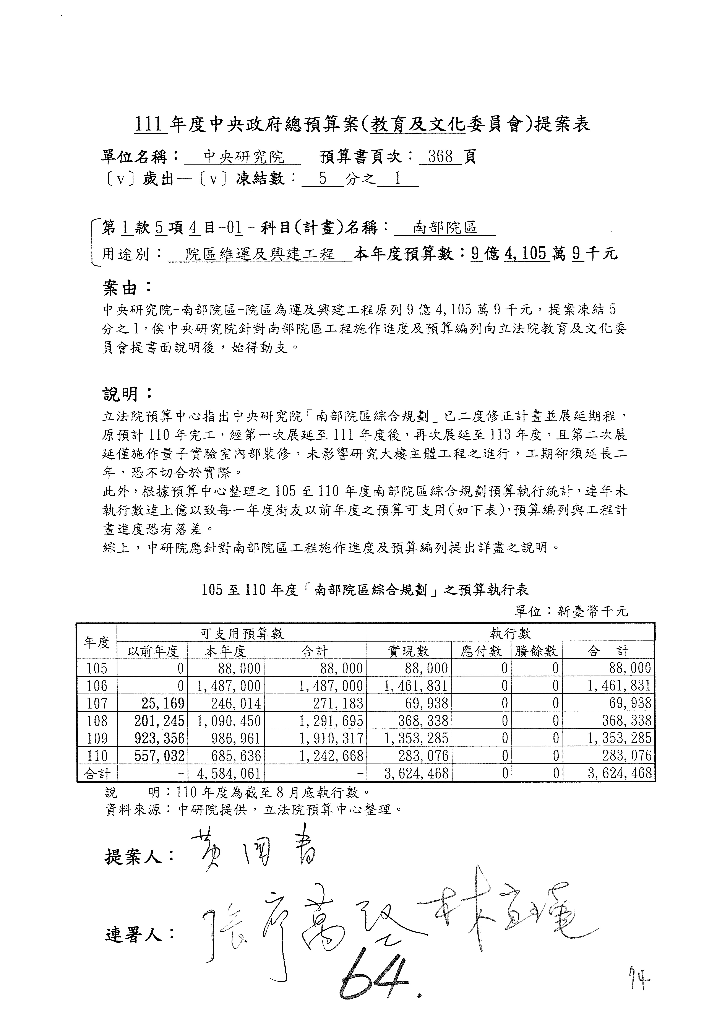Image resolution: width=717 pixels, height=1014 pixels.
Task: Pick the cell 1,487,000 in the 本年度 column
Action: pos(226,686)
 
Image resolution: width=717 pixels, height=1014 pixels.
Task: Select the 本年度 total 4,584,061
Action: pos(226,773)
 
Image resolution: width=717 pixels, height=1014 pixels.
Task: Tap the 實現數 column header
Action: pos(408,650)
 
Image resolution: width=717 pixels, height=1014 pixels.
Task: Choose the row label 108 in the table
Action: pos(97,721)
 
